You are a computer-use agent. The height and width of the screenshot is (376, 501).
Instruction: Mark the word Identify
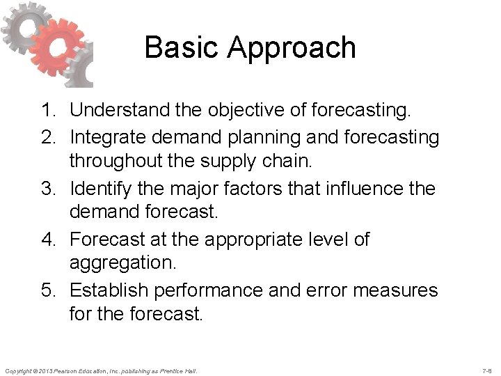(102, 189)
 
